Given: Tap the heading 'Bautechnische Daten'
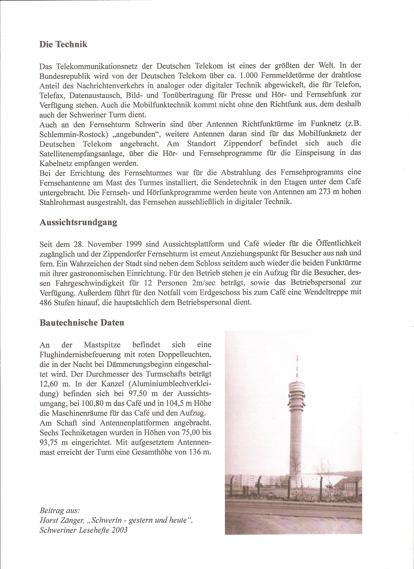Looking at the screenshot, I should (82, 323).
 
